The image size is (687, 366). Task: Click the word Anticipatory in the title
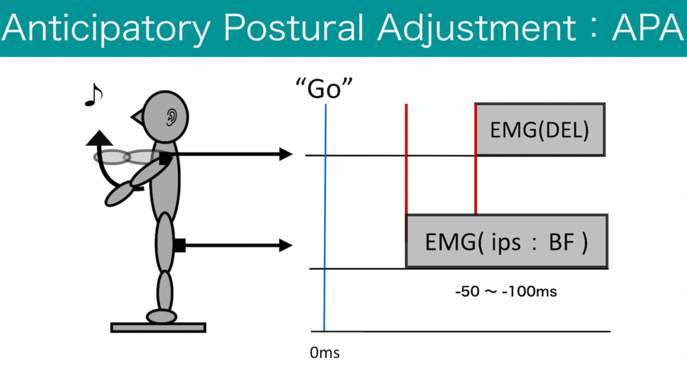105,28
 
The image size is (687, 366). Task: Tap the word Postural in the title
294,28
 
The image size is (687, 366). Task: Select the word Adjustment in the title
476,29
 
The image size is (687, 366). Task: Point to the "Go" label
324,89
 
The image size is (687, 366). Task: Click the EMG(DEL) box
540,130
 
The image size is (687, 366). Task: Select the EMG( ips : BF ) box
507,241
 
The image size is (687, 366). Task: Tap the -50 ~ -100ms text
506,291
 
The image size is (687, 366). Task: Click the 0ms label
325,353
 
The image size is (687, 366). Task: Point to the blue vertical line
325,218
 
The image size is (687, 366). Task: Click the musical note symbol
93,95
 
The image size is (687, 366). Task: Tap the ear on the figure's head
171,117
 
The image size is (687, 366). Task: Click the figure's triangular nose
138,117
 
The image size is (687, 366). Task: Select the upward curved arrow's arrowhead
99,138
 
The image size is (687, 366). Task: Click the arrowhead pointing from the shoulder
286,154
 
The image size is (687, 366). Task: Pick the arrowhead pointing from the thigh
286,245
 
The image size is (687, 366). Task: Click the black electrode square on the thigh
180,246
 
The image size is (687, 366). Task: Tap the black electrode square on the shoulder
165,158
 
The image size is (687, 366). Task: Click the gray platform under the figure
158,328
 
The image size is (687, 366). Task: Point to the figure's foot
162,316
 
